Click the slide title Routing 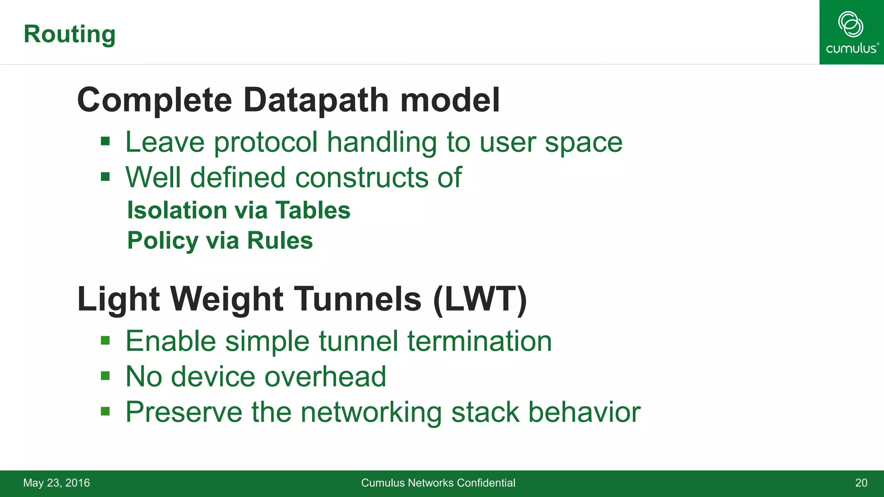69,34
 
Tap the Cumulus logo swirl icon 850,24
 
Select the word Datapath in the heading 316,100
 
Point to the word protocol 266,142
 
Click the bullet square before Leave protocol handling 105,142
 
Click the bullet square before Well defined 105,177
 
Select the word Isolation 177,211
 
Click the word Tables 313,211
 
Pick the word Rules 280,241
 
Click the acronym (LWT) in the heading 480,299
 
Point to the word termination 480,341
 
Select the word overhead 325,377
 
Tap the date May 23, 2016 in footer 57,483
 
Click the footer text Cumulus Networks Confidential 438,483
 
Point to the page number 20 861,483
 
